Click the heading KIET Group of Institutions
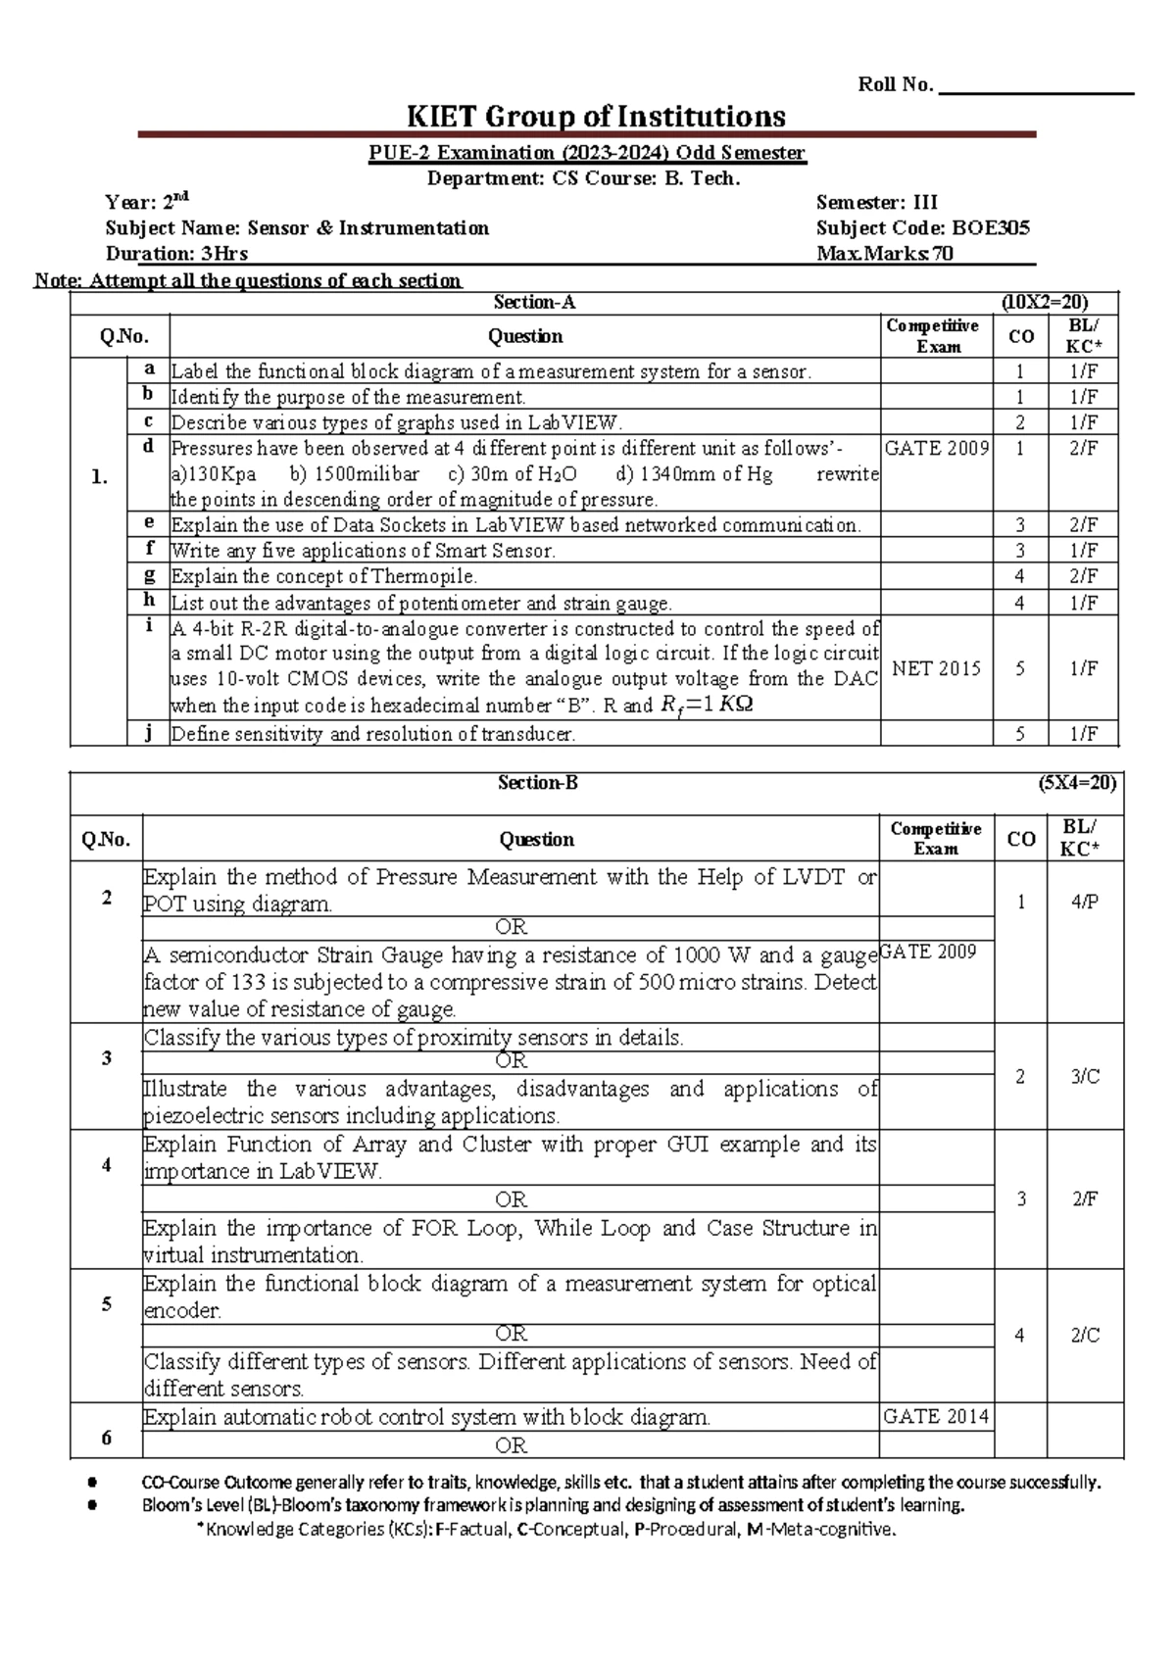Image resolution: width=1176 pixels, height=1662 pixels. pyautogui.click(x=596, y=118)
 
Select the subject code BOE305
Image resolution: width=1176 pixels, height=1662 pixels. pyautogui.click(x=991, y=228)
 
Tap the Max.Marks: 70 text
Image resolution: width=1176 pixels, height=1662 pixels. pyautogui.click(x=885, y=254)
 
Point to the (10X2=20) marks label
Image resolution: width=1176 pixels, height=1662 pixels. pyautogui.click(x=1045, y=303)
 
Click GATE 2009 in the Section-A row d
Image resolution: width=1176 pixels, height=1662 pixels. pyautogui.click(x=937, y=449)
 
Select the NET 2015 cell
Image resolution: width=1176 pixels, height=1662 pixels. pyautogui.click(x=936, y=668)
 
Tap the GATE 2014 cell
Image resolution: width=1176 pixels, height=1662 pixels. pyautogui.click(x=936, y=1416)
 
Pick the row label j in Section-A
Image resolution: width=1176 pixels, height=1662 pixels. pyautogui.click(x=148, y=732)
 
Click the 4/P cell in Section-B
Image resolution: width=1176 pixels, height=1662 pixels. pyautogui.click(x=1085, y=902)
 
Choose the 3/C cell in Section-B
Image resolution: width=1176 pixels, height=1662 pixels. pyautogui.click(x=1085, y=1077)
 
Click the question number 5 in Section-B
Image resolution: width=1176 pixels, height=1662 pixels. pyautogui.click(x=106, y=1304)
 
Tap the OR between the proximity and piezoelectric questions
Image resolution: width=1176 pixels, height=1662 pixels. pyautogui.click(x=511, y=1061)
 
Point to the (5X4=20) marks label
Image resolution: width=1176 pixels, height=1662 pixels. pyautogui.click(x=1077, y=783)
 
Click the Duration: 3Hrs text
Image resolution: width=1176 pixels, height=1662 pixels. pyautogui.click(x=176, y=254)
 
